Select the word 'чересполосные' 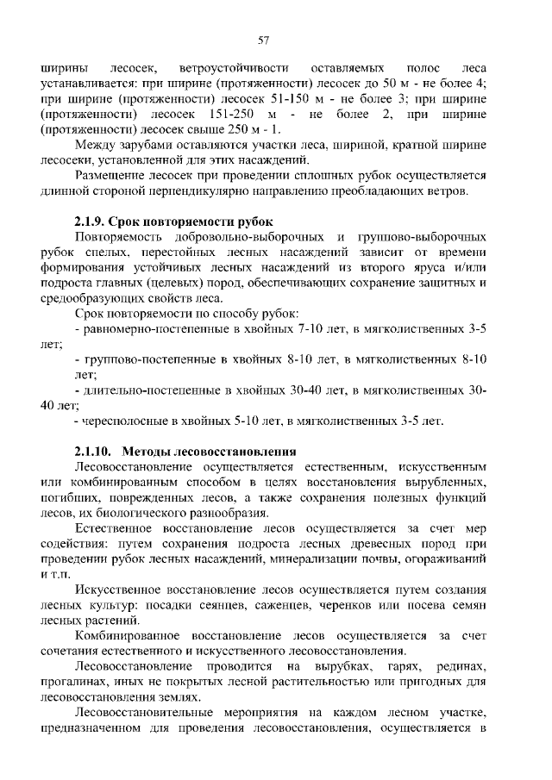click(x=122, y=421)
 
